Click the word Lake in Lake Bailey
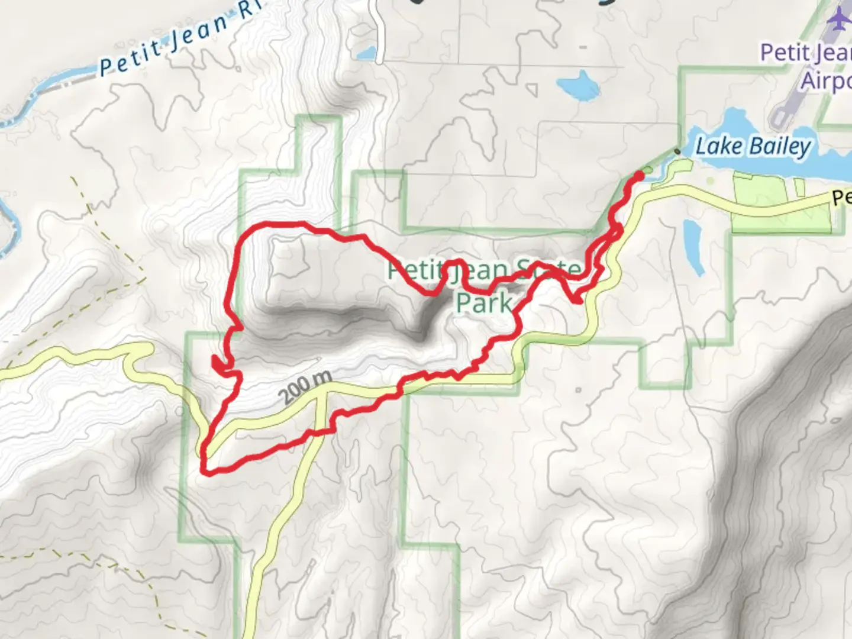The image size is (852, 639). coord(718,146)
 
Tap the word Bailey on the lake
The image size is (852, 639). coord(780,146)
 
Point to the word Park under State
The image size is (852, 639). coord(484,302)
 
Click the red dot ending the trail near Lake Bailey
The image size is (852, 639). coord(639,175)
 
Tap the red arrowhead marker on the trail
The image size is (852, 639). coord(218,364)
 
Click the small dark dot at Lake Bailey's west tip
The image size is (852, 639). coord(677,151)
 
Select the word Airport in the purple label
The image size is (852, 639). coord(825,80)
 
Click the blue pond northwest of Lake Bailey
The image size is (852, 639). coord(580,86)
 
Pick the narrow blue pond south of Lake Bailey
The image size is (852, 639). coord(693,246)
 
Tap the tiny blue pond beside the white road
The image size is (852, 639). coord(367,53)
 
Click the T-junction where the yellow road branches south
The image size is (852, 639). coord(320,391)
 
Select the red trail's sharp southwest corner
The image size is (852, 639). coord(205,470)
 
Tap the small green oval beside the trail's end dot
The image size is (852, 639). coord(648,171)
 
